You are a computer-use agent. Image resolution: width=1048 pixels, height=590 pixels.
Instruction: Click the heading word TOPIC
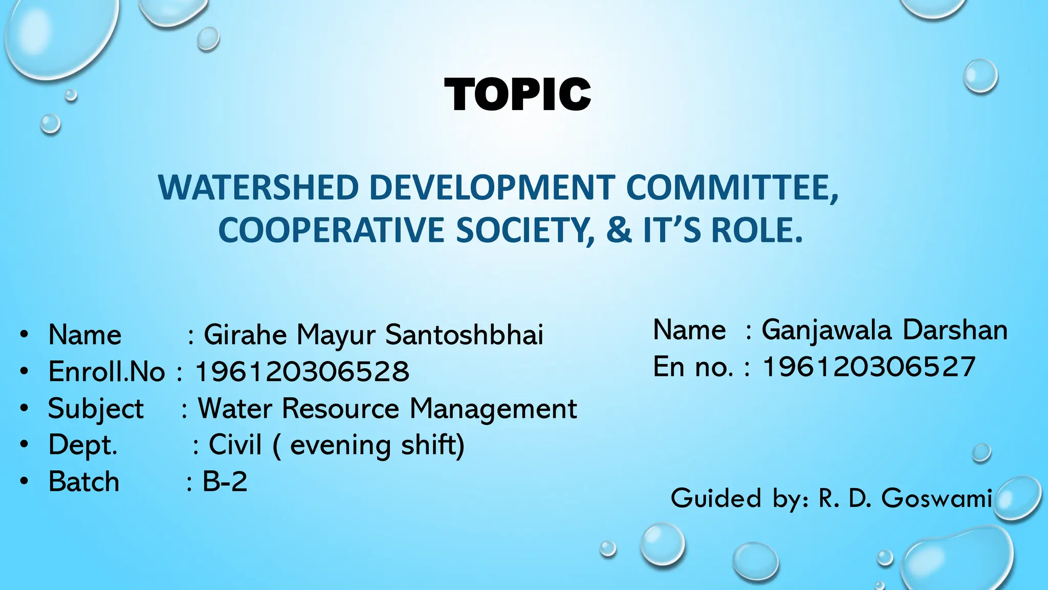tap(517, 95)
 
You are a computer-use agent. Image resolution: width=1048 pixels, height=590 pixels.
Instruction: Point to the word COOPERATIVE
tap(331, 230)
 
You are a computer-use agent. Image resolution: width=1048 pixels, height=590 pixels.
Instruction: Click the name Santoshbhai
tap(464, 335)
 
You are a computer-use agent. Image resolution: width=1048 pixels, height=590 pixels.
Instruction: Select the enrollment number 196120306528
tap(302, 371)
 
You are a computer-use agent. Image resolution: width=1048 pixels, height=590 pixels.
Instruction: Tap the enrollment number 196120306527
tap(868, 367)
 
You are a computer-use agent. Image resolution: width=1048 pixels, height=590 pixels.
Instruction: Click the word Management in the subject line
tap(493, 409)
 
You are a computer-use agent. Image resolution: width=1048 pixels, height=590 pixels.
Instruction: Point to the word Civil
tap(235, 445)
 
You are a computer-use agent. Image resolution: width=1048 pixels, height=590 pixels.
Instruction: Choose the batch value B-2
tap(225, 481)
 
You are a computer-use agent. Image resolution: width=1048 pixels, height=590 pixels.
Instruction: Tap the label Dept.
tap(83, 445)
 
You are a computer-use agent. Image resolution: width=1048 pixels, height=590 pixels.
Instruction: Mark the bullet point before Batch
tap(24, 481)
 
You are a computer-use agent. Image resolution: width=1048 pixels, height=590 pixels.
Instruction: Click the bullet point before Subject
tap(24, 409)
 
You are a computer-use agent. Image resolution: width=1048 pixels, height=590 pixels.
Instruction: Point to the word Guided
tap(716, 498)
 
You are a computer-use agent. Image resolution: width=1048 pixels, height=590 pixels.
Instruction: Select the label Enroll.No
tap(106, 371)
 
